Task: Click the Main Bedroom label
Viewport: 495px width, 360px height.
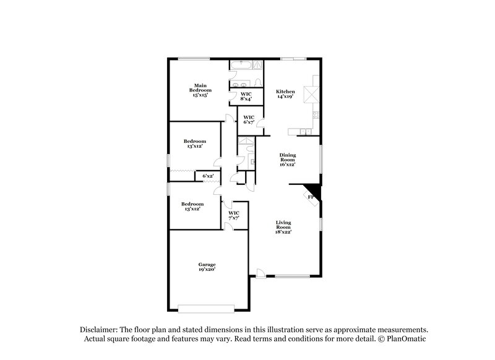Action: click(199, 90)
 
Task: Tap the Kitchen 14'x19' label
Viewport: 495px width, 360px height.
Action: click(285, 94)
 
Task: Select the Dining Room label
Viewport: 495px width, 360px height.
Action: click(287, 160)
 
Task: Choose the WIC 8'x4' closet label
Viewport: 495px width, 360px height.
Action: click(246, 96)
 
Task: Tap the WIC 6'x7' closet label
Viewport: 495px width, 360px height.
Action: click(249, 119)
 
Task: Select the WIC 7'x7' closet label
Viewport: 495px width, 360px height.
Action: click(234, 216)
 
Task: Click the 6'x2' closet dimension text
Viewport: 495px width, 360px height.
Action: click(208, 176)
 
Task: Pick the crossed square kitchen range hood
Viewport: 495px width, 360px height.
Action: click(315, 95)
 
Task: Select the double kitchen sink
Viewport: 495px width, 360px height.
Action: click(304, 132)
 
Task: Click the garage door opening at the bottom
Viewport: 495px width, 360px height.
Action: click(206, 307)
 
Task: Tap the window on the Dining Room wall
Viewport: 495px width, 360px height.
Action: click(321, 160)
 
